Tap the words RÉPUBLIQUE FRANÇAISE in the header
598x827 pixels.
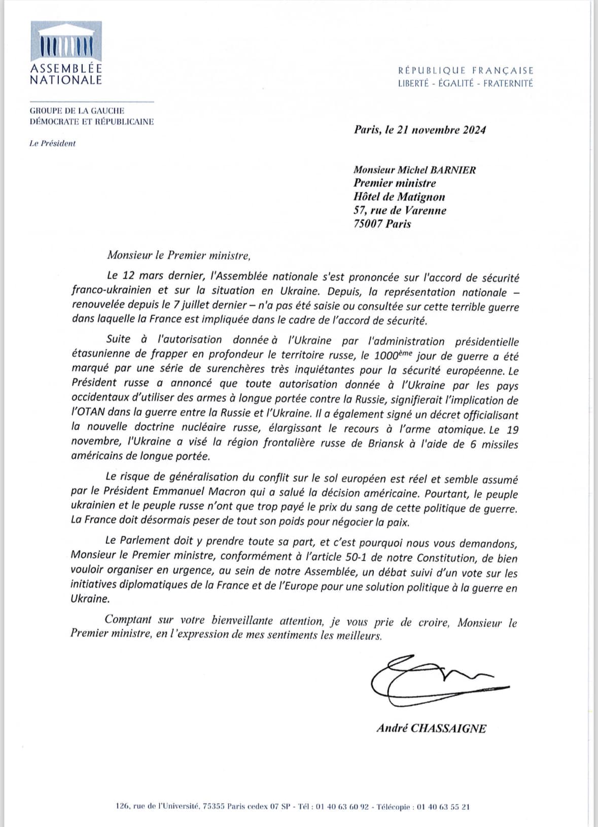(x=466, y=71)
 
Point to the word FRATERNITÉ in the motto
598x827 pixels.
(x=508, y=83)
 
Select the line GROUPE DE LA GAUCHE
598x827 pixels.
(x=77, y=111)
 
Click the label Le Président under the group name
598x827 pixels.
(x=52, y=144)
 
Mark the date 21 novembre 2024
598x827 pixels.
(x=440, y=130)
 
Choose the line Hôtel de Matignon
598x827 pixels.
(x=399, y=197)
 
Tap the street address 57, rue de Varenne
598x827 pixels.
(x=400, y=210)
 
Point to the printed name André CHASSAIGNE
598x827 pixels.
(x=431, y=729)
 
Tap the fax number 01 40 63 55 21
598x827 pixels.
(x=443, y=806)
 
